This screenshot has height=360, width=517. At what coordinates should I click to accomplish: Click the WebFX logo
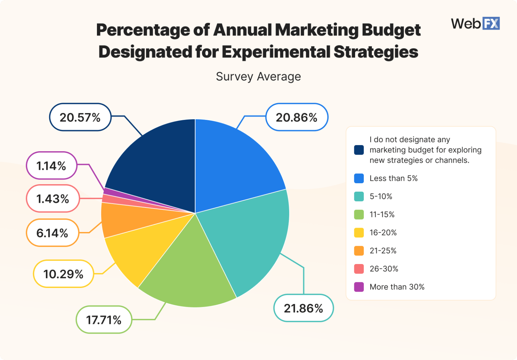point(475,24)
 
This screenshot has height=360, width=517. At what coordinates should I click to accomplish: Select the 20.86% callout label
point(297,117)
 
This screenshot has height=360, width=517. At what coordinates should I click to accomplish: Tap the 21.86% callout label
point(303,308)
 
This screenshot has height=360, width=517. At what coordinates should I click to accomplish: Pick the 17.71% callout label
point(104,320)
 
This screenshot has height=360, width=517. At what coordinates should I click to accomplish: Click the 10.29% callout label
point(63,274)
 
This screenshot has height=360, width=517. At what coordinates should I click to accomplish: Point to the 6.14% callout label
point(53,233)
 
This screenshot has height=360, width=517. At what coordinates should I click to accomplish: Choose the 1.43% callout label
point(53,199)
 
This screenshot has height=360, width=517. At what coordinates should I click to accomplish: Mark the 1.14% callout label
point(51,166)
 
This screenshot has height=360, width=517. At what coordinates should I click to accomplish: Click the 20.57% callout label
point(80,117)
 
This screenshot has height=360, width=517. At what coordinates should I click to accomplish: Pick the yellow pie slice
point(141,249)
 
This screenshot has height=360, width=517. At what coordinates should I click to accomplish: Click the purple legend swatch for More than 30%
point(359,287)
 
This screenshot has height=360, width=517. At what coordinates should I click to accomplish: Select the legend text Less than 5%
point(393,178)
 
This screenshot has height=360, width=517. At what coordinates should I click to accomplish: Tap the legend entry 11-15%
point(382,215)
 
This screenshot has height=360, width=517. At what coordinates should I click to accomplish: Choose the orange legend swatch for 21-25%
point(359,251)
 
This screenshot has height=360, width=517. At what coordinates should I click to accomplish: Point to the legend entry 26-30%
point(384,269)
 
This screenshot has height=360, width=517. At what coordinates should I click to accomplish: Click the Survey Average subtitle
point(258,76)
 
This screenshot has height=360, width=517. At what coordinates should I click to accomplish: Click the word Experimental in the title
point(276,52)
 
